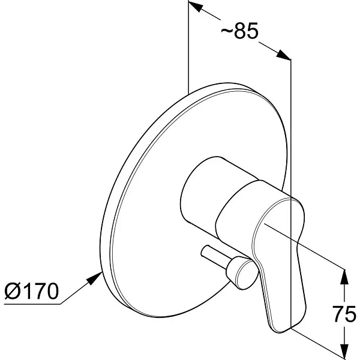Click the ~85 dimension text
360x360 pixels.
pos(239,31)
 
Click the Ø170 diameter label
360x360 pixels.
pos(32,291)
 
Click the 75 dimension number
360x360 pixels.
pos(344,313)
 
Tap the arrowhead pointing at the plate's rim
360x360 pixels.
pos(95,278)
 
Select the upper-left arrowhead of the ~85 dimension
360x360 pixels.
pos(194,6)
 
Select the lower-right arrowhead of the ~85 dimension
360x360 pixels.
pos(284,55)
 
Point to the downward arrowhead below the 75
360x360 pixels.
pos(344,350)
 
